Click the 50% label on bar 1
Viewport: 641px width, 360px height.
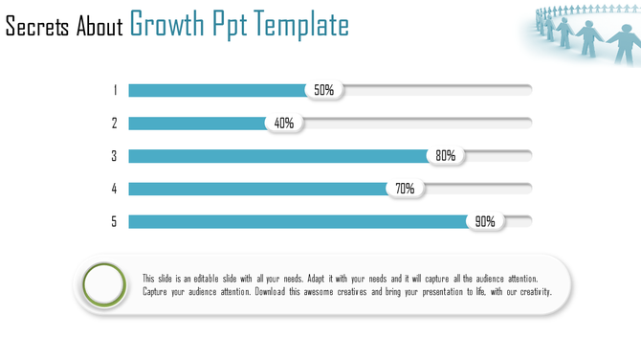(324, 90)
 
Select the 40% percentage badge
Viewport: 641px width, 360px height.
(283, 124)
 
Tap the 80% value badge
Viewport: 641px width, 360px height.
(445, 156)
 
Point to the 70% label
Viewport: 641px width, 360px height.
(405, 189)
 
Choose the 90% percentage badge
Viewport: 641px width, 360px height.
(485, 221)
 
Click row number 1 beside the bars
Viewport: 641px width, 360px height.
(115, 90)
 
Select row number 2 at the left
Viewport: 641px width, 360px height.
(115, 124)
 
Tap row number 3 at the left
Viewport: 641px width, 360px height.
(115, 156)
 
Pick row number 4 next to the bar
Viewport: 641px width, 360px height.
(115, 189)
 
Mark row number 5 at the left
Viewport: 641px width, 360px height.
(115, 221)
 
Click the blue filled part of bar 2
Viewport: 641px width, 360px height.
(196, 124)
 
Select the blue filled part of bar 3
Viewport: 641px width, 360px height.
(277, 156)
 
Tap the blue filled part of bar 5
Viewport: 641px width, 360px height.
(297, 221)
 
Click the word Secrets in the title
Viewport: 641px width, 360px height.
(37, 26)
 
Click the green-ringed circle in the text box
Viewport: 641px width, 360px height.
(104, 284)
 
